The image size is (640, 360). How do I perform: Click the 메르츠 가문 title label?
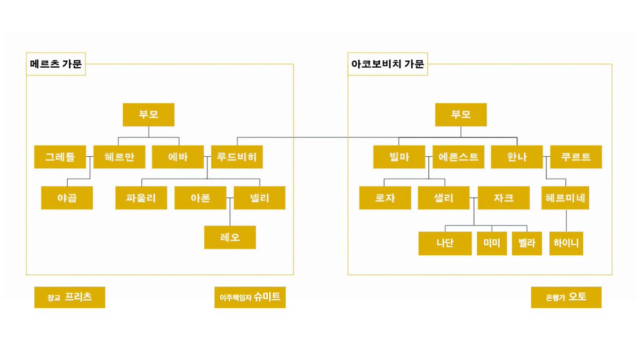pyautogui.click(x=55, y=64)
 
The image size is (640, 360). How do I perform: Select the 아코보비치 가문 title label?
pyautogui.click(x=387, y=64)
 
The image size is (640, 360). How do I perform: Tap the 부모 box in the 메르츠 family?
pyautogui.click(x=149, y=115)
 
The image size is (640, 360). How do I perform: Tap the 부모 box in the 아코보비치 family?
pyautogui.click(x=461, y=115)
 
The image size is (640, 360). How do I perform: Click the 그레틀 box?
pyautogui.click(x=60, y=157)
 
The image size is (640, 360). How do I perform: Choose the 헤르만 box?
pyautogui.click(x=119, y=157)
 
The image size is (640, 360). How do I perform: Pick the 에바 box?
pyautogui.click(x=178, y=157)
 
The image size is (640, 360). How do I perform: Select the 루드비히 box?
pyautogui.click(x=237, y=157)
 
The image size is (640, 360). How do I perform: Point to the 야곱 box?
pyautogui.click(x=67, y=198)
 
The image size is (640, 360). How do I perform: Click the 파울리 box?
pyautogui.click(x=141, y=198)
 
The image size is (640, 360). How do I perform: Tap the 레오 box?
pyautogui.click(x=230, y=237)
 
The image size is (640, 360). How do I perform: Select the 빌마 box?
pyautogui.click(x=399, y=157)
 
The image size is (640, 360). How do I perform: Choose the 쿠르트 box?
pyautogui.click(x=576, y=157)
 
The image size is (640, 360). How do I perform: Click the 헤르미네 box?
pyautogui.click(x=565, y=198)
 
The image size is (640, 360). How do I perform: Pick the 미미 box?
pyautogui.click(x=492, y=243)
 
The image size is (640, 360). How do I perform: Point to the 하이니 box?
pyautogui.click(x=566, y=243)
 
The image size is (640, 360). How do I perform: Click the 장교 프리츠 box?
pyautogui.click(x=70, y=298)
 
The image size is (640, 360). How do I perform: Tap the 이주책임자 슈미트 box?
pyautogui.click(x=250, y=298)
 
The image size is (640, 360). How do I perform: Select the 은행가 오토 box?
pyautogui.click(x=566, y=298)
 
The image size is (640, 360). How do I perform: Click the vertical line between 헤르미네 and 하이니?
pyautogui.click(x=566, y=221)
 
